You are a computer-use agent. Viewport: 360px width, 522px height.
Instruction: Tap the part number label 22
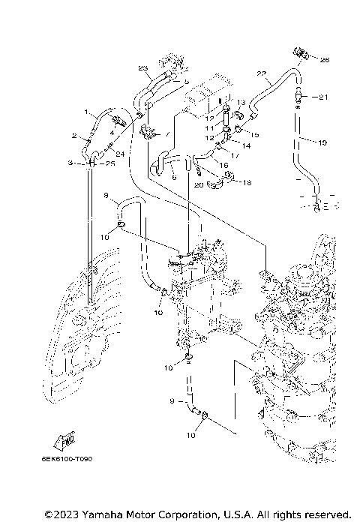[x=261, y=73]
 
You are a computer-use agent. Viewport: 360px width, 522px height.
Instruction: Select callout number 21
[x=324, y=97]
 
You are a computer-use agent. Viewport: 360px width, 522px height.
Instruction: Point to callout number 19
[x=324, y=142]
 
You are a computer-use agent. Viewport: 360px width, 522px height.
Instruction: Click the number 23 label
[x=142, y=68]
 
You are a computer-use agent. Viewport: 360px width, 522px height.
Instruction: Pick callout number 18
[x=247, y=181]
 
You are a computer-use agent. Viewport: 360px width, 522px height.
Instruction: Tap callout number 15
[x=254, y=134]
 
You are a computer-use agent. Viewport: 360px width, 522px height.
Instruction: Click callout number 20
[x=199, y=184]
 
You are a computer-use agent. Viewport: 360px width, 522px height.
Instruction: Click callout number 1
[x=86, y=113]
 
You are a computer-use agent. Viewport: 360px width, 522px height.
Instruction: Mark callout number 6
[x=173, y=178]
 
